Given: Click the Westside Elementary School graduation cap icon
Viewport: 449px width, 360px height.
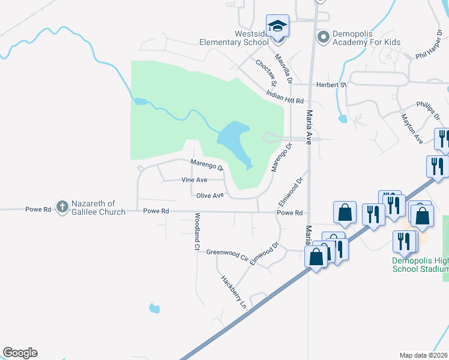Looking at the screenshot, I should click(x=277, y=26).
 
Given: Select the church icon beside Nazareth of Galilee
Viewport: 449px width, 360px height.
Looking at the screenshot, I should click(x=62, y=206).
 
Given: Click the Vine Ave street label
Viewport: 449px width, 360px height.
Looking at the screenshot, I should click(x=194, y=180).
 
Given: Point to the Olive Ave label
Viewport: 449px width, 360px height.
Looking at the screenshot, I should click(x=210, y=196).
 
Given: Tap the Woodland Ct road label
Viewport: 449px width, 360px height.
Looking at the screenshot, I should click(x=196, y=231).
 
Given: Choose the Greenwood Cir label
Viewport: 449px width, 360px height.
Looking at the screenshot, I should click(x=227, y=253).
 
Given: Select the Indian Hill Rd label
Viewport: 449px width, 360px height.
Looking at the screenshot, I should click(x=286, y=97).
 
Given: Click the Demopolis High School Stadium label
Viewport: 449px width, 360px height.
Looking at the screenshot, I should click(x=420, y=265).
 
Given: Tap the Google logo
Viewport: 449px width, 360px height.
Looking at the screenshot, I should click(x=20, y=353).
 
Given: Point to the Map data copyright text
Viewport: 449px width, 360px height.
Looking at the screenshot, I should click(x=424, y=355).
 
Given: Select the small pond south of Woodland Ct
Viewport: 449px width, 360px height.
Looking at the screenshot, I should click(x=155, y=308).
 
